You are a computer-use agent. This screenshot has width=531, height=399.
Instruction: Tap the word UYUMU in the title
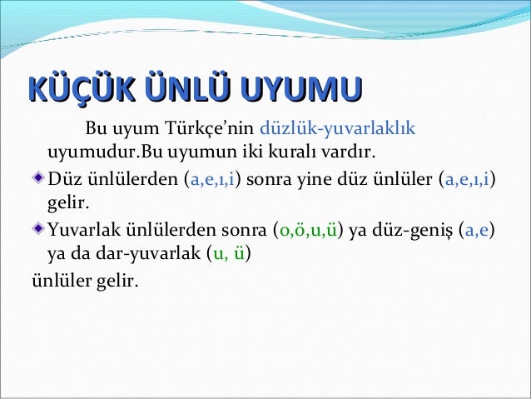298,90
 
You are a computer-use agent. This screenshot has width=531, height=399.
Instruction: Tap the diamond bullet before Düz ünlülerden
38,177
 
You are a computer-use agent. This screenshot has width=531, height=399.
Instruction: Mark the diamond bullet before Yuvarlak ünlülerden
38,227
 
